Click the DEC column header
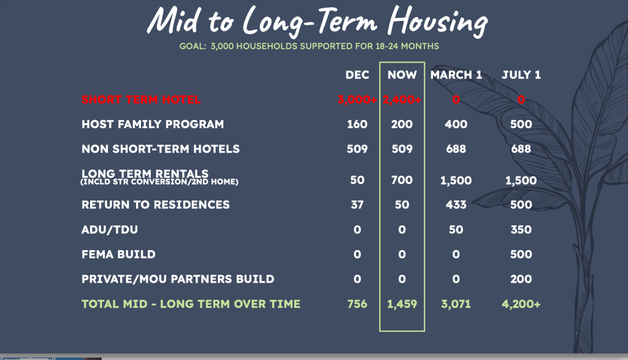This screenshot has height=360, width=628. (x=358, y=75)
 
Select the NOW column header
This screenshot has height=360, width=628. (x=402, y=75)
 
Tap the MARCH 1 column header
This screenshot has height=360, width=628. (x=456, y=75)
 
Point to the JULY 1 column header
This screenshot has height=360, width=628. (x=521, y=75)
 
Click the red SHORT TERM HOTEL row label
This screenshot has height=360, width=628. (x=141, y=100)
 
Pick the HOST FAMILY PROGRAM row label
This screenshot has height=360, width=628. (x=153, y=124)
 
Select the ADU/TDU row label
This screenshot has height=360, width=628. (x=110, y=230)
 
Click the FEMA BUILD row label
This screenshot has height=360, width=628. (x=118, y=255)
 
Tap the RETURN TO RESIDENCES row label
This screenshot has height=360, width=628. (x=156, y=205)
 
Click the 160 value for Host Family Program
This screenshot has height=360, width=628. (x=358, y=124)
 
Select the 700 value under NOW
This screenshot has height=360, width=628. (x=402, y=180)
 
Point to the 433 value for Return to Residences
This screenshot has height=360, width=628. (x=456, y=205)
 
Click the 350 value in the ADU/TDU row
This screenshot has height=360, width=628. (x=521, y=229)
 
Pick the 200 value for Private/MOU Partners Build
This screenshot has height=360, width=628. (x=521, y=279)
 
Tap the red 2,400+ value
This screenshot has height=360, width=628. (x=402, y=100)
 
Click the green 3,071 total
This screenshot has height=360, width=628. (x=456, y=304)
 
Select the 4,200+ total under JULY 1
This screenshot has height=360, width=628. (x=521, y=304)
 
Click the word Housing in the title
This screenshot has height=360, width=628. (x=438, y=21)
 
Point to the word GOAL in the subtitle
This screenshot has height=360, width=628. (x=192, y=46)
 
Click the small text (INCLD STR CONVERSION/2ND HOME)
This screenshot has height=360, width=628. (x=159, y=182)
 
